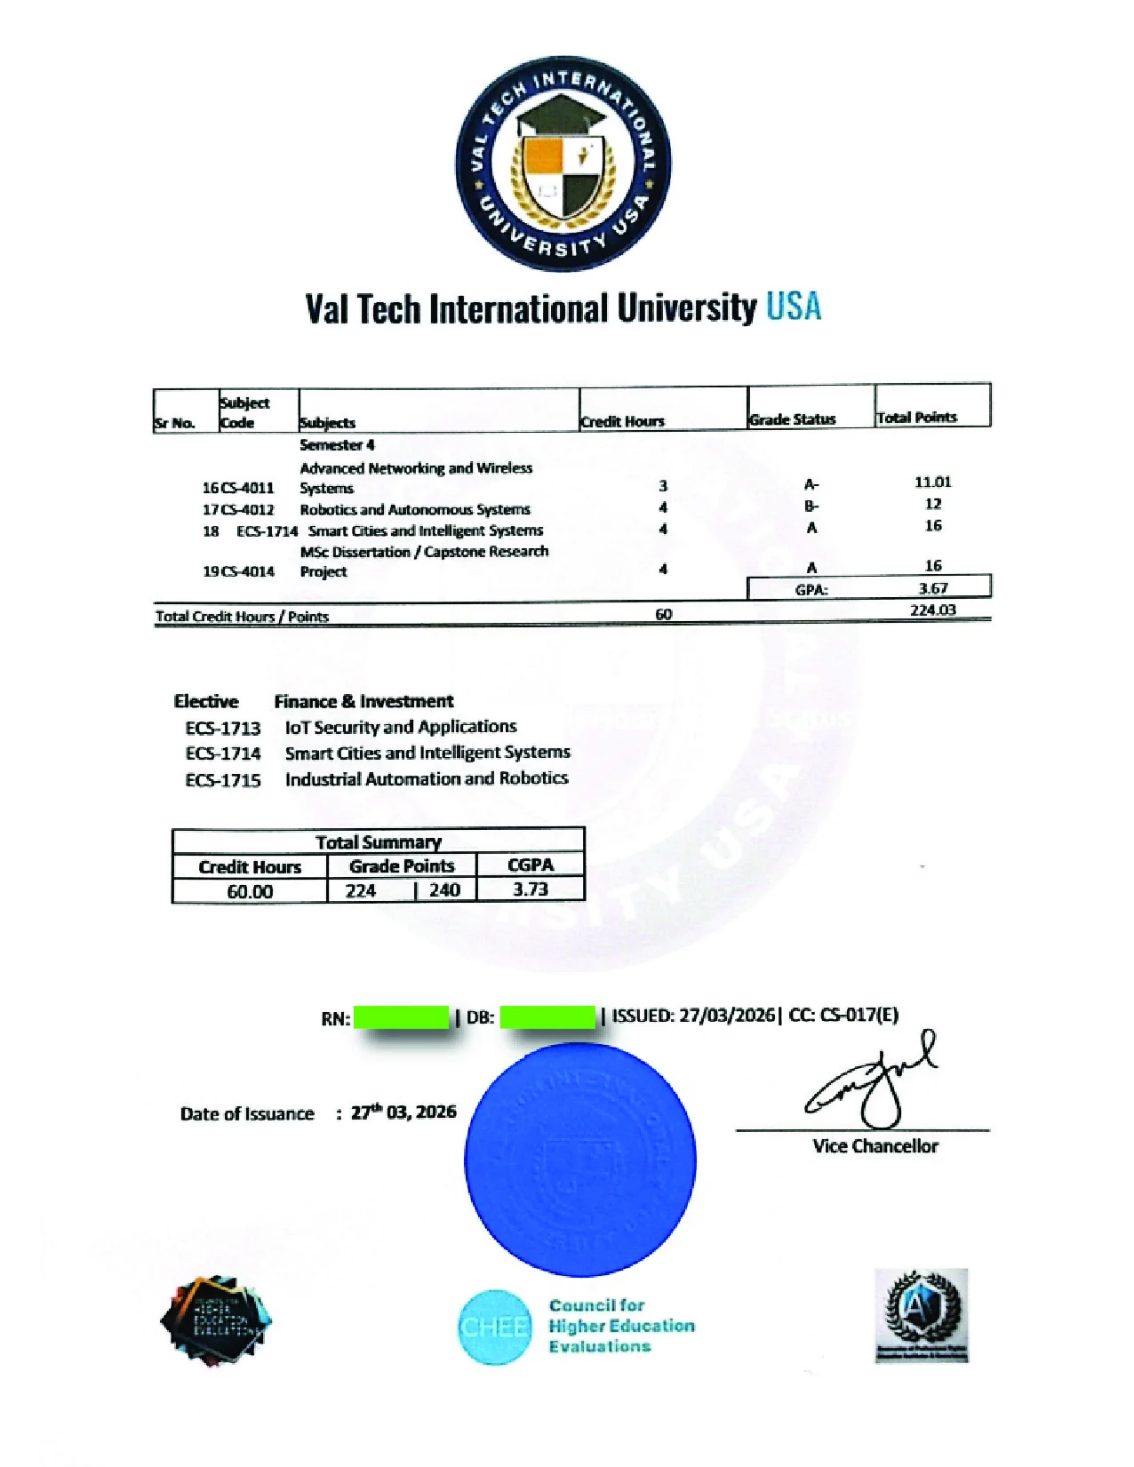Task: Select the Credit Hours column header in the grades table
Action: pyautogui.click(x=622, y=421)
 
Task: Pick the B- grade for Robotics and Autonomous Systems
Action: pyautogui.click(x=811, y=506)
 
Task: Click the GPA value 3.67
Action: pyautogui.click(x=932, y=588)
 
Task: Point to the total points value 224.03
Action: pyautogui.click(x=932, y=610)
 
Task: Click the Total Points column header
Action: pyautogui.click(x=916, y=418)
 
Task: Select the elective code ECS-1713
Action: pyautogui.click(x=223, y=729)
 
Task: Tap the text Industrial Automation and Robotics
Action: pyautogui.click(x=427, y=779)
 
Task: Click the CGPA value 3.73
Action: pyautogui.click(x=531, y=889)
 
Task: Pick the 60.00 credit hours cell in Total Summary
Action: pyautogui.click(x=250, y=891)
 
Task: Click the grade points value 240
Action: pyautogui.click(x=444, y=890)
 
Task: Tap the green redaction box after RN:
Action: pyautogui.click(x=401, y=1017)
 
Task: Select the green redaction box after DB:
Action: pyautogui.click(x=547, y=1017)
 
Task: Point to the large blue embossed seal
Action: pyautogui.click(x=579, y=1160)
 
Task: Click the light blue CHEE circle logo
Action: pyautogui.click(x=495, y=1327)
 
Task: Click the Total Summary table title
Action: pyautogui.click(x=378, y=841)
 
